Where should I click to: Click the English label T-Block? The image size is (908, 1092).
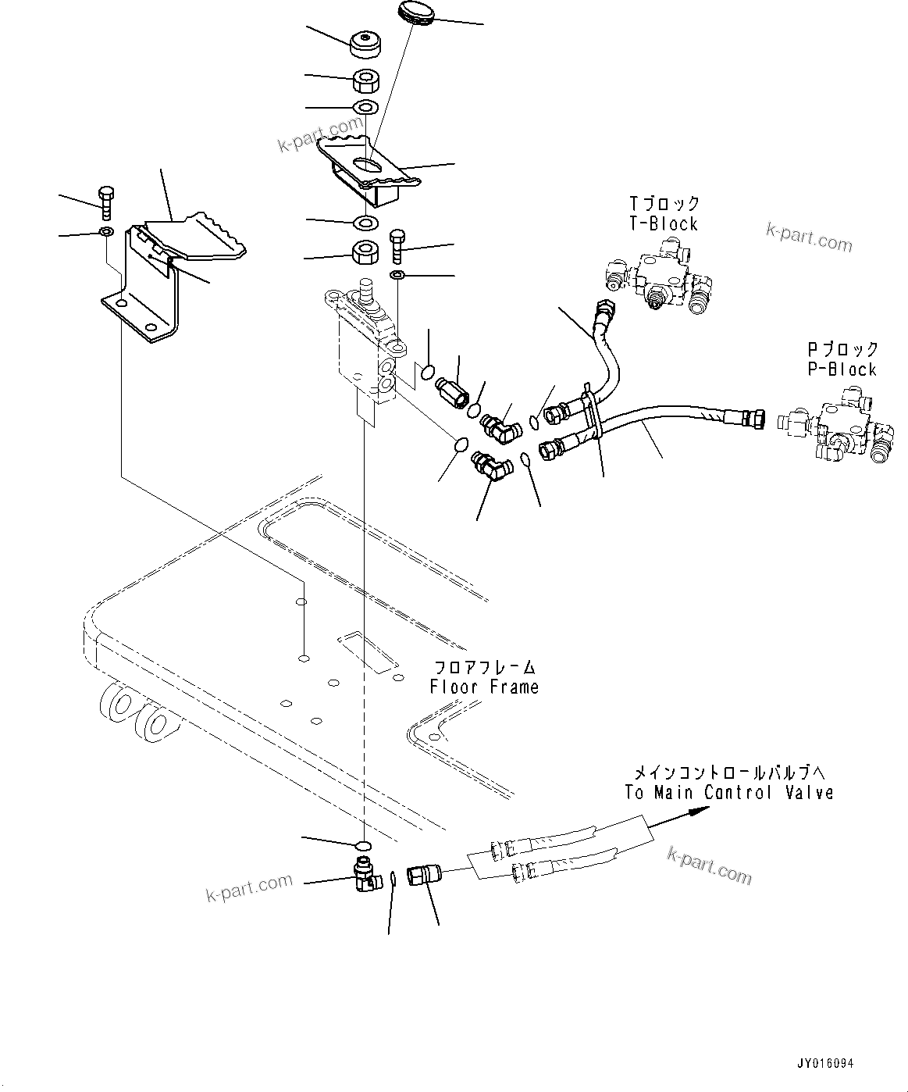[663, 223]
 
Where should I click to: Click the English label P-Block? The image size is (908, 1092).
[842, 369]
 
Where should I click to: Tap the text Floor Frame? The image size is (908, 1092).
[484, 687]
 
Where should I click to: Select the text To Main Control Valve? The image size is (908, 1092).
[728, 792]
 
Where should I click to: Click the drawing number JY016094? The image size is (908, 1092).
[825, 1064]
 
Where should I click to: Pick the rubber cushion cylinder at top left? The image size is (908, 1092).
[364, 45]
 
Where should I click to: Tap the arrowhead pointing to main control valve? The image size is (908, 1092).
[699, 812]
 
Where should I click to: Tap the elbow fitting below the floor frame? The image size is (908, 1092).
[365, 873]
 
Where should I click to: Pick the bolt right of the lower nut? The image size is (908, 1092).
[397, 246]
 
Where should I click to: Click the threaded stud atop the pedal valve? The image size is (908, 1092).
[364, 291]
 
